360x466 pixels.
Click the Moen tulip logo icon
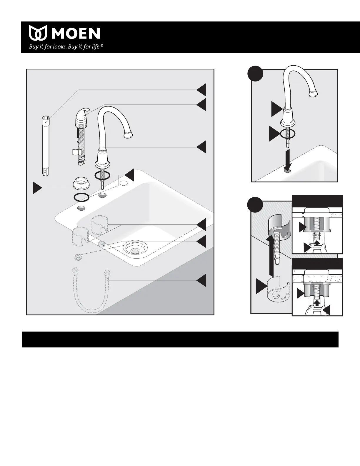coord(38,33)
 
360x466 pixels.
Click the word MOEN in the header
coord(76,33)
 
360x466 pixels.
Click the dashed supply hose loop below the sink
coord(90,290)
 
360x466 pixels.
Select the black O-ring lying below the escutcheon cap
coord(81,197)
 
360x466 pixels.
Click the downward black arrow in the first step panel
coord(288,160)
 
